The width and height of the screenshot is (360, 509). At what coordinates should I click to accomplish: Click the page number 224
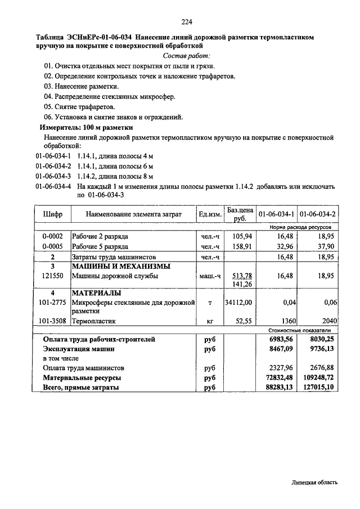coord(187,22)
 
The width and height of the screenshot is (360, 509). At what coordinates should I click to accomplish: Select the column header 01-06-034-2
coord(317,214)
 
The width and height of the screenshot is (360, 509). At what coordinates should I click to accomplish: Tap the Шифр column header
coord(53,214)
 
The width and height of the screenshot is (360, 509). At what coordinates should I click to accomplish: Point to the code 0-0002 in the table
coord(52,236)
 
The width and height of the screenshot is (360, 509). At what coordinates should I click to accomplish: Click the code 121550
coord(52,276)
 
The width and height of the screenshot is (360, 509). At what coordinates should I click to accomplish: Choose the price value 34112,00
coord(238,303)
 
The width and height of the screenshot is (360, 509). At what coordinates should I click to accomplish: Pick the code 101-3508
coord(52,321)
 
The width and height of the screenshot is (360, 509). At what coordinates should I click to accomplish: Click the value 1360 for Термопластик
coord(287,321)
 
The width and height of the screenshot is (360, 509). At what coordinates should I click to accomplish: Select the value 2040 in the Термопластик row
coord(326,321)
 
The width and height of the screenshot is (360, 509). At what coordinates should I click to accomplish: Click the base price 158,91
coord(243,246)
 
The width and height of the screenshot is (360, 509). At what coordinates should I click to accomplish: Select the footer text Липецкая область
coord(315,483)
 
